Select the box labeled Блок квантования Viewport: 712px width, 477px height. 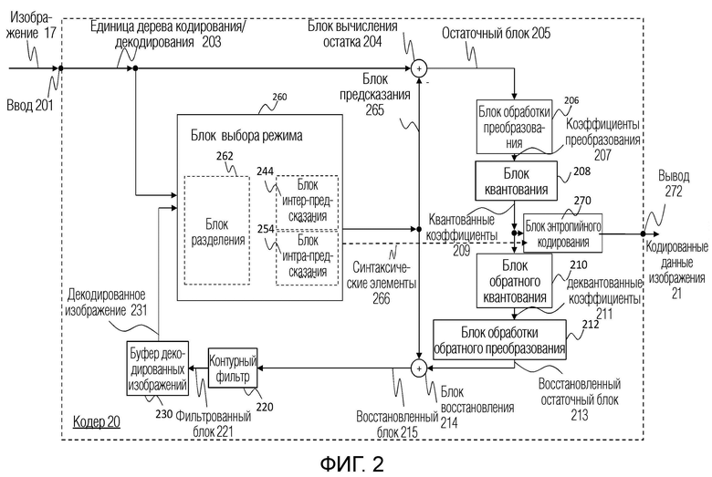516,181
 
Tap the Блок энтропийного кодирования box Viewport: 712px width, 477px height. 562,233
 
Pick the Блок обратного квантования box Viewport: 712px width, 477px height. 514,281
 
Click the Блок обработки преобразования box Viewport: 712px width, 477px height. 514,127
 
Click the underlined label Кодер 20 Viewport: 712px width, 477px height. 97,422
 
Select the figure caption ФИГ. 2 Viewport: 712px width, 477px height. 352,464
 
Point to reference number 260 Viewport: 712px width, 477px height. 279,97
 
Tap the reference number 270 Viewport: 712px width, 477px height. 582,200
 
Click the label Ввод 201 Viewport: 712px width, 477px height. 30,105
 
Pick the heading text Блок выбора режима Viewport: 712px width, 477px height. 246,136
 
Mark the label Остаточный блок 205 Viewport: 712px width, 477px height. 496,33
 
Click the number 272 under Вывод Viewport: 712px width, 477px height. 674,192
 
